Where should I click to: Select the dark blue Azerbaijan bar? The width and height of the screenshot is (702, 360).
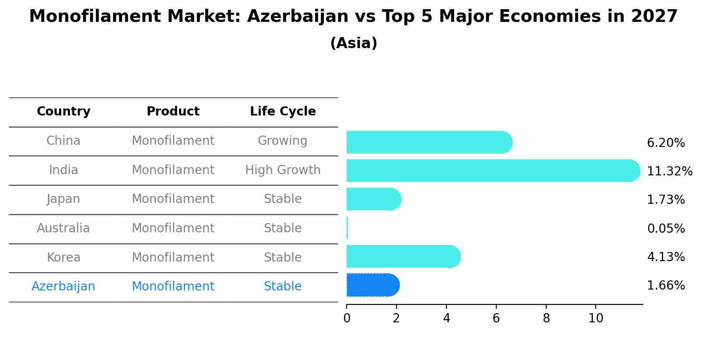tap(372, 285)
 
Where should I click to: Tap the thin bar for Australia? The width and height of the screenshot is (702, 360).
tap(347, 228)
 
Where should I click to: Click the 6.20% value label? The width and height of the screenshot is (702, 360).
tap(666, 143)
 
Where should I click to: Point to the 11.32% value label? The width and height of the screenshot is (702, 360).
tap(669, 171)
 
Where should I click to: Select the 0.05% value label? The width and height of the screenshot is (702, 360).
tap(666, 228)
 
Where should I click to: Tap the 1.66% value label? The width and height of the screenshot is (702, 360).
tap(666, 286)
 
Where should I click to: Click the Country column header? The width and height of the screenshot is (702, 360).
tap(63, 112)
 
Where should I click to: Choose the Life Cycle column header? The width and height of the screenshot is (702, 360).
tap(283, 112)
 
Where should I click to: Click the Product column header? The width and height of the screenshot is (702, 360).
tap(173, 112)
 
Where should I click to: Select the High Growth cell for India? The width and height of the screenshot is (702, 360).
tap(283, 170)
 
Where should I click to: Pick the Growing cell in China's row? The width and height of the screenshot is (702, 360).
tap(282, 141)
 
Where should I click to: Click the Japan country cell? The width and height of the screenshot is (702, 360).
tap(63, 199)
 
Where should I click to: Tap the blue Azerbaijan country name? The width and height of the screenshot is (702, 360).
tap(63, 287)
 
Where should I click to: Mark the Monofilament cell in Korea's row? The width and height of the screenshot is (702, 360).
tap(173, 258)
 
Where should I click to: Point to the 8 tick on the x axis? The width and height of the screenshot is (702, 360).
tap(546, 318)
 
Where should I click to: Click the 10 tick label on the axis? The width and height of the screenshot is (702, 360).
tap(596, 318)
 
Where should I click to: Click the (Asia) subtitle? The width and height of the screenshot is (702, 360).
tap(354, 43)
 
